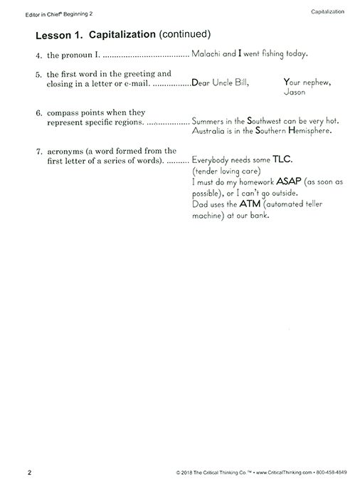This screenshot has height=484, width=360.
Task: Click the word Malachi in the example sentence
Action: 207,53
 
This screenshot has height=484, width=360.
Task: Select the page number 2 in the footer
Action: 29,473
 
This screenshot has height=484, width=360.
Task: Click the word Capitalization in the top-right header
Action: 328,11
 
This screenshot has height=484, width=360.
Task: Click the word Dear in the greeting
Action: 201,83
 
